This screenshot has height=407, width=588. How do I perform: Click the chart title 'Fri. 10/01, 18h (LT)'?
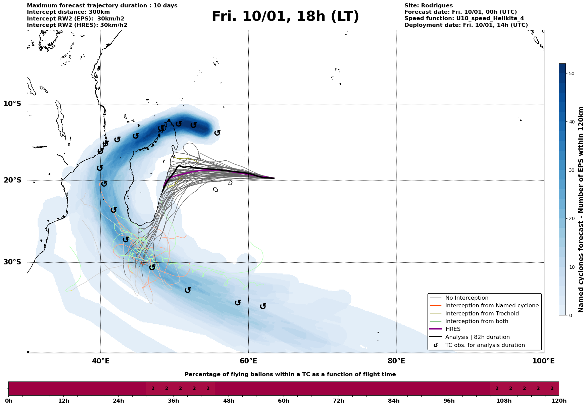[x=285, y=16]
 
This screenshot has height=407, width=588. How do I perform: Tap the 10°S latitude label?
[x=12, y=103]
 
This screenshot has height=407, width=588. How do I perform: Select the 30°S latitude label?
[x=12, y=262]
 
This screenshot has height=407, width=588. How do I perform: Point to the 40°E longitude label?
[x=101, y=361]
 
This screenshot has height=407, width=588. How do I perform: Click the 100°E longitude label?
[x=543, y=361]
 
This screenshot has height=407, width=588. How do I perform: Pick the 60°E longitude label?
[x=248, y=361]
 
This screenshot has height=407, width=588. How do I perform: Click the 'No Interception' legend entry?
[x=467, y=298]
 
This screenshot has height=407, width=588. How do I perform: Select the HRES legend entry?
[x=453, y=329]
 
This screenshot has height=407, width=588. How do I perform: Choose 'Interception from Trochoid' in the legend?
[x=482, y=314]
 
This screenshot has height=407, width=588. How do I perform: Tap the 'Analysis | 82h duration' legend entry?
[x=477, y=337]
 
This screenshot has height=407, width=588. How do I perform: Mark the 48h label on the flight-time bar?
[x=229, y=401]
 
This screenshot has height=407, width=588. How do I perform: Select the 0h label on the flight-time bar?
[x=9, y=401]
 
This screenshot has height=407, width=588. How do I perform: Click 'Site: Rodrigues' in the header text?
[x=428, y=6]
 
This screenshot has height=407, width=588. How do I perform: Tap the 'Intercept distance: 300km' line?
[x=68, y=12]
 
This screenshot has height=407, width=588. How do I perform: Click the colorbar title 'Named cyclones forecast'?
[x=581, y=209]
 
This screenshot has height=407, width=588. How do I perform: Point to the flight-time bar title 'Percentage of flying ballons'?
[x=290, y=374]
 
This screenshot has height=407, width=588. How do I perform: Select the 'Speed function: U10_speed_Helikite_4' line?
[x=464, y=18]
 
